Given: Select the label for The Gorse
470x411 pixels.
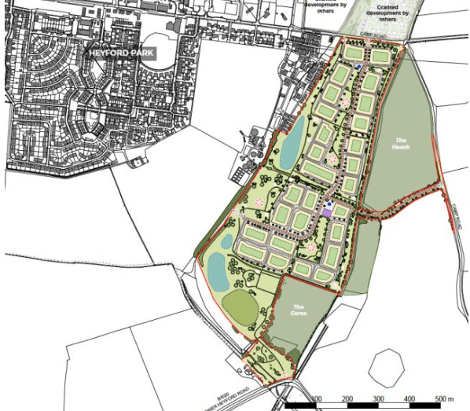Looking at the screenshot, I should (x=299, y=310).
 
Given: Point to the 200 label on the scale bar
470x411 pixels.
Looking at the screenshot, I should (x=347, y=400).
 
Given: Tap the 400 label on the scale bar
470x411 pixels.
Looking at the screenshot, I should (x=409, y=400).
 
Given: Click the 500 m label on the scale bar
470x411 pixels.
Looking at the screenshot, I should (x=444, y=400).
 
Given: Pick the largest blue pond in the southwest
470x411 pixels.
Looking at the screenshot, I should (x=215, y=271).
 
